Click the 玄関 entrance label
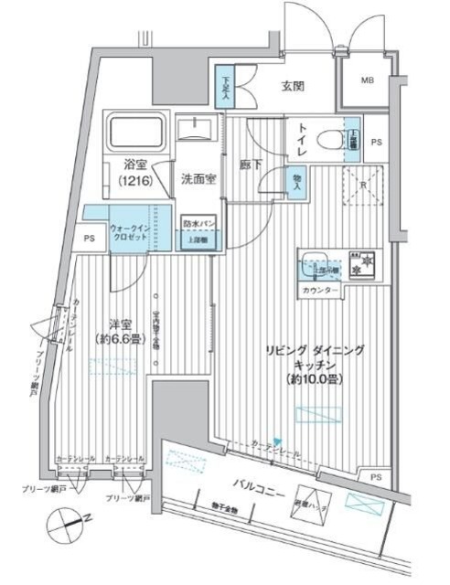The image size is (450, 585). tap(293, 88)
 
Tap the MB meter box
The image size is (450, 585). tap(366, 81)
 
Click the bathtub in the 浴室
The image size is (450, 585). tap(136, 133)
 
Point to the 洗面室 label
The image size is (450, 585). tap(197, 179)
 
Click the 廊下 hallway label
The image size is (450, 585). tap(251, 165)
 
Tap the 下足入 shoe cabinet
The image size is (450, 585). tap(226, 86)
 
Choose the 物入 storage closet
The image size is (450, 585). tap(297, 181)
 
